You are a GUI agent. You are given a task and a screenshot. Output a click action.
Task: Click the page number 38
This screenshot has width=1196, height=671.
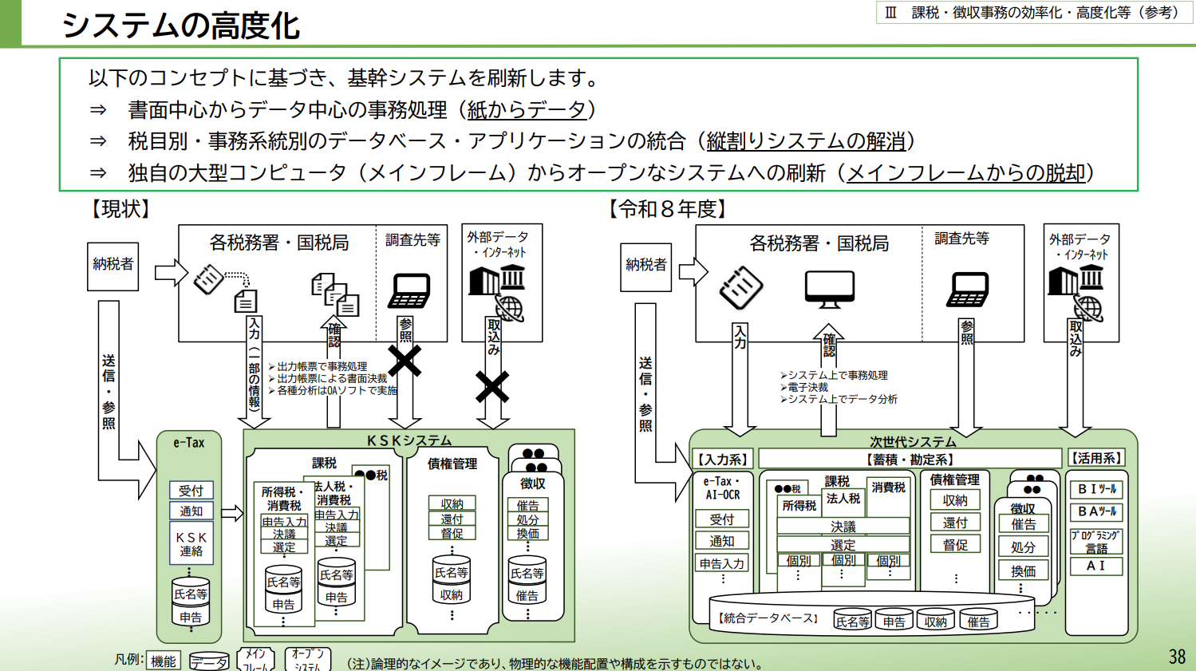1177,656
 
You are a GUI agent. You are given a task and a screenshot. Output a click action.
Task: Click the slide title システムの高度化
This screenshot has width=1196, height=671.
180,25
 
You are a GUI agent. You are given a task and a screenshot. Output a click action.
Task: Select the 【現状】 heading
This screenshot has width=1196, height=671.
120,209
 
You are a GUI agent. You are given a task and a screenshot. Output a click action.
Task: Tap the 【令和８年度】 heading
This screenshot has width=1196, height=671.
668,209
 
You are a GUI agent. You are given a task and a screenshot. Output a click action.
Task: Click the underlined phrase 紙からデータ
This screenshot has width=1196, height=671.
527,109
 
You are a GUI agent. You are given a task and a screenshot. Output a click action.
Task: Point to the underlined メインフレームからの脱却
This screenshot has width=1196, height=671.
966,172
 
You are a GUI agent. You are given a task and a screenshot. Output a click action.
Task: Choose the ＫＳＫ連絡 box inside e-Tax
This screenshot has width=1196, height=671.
191,544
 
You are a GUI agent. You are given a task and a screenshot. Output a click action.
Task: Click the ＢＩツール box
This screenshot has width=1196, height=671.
1096,489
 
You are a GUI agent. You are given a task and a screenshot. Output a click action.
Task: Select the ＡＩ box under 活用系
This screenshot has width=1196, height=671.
1096,566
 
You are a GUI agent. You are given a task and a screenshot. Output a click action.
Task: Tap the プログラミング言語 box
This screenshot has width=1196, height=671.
1096,542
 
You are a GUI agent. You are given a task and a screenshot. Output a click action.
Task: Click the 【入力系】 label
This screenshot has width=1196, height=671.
723,459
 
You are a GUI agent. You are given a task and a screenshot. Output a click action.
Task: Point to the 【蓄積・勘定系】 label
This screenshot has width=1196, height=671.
910,459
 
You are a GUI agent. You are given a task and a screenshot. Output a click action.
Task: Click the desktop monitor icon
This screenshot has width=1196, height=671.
829,289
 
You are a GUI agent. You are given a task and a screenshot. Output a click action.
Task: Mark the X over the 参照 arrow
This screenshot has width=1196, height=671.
405,361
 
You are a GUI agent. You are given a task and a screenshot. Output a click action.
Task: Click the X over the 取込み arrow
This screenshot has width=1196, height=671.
492,387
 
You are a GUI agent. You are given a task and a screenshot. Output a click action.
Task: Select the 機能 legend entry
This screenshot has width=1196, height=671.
164,661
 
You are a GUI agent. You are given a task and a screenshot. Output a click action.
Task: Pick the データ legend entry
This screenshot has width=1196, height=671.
209,661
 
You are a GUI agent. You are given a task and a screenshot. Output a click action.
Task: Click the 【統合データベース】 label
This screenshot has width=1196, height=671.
768,618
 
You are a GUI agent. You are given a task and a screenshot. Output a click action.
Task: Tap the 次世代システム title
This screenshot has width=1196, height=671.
912,441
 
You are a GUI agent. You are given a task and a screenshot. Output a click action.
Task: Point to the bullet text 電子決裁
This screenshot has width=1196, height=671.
807,387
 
